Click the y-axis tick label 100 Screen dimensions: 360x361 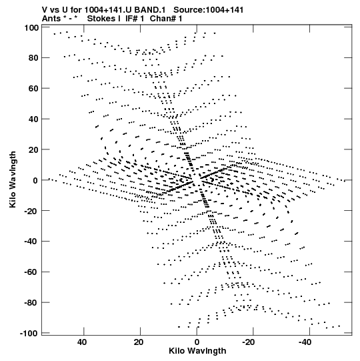(31, 28)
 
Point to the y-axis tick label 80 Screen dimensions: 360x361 (33, 58)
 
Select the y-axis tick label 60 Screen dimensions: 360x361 (33, 88)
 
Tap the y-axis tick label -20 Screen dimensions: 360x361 (31, 211)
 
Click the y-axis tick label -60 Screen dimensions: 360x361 (31, 272)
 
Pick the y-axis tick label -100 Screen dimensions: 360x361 (29, 334)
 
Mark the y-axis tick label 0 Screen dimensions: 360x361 (35, 180)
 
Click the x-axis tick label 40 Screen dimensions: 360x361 (82, 342)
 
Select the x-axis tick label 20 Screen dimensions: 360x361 (139, 342)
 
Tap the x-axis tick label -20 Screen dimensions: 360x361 (249, 342)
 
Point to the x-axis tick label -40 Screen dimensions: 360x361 (305, 342)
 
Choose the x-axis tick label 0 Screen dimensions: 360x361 (197, 342)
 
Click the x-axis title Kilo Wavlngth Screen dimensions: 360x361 (197, 351)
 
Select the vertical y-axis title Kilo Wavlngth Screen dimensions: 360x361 (13, 179)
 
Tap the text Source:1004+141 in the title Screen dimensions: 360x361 (209, 10)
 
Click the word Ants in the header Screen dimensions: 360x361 (52, 19)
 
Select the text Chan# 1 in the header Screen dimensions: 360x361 (166, 19)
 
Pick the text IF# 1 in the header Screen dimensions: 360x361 (135, 19)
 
